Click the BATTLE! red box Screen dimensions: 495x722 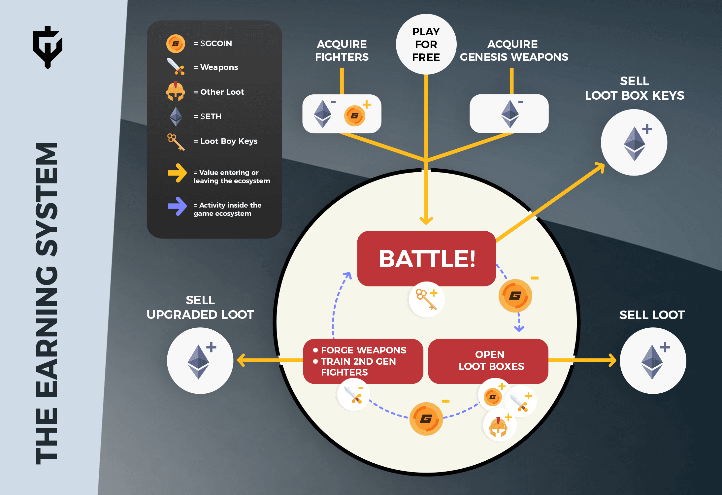(x=426, y=258)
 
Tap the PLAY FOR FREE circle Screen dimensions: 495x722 (x=426, y=44)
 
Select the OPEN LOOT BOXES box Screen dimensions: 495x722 (x=488, y=361)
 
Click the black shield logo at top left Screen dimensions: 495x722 (x=48, y=47)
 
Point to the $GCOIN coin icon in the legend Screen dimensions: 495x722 (x=176, y=44)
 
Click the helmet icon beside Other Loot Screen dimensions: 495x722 (x=176, y=91)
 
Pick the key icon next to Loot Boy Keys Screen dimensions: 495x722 (x=176, y=142)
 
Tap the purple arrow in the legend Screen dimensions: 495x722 (x=178, y=206)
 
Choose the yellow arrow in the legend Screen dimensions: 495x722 (x=178, y=173)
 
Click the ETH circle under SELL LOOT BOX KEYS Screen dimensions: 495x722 (x=634, y=143)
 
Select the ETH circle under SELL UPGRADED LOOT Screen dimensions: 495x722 (x=200, y=361)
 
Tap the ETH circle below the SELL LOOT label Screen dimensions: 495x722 (x=653, y=361)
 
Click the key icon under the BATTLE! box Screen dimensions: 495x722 (x=426, y=299)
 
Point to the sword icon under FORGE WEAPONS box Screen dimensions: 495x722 (x=353, y=394)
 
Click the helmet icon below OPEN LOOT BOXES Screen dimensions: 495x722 (x=498, y=426)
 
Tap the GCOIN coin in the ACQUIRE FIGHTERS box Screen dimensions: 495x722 (x=355, y=116)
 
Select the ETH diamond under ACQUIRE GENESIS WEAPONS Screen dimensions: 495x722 (x=510, y=114)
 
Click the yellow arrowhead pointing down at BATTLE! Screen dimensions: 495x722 (x=426, y=220)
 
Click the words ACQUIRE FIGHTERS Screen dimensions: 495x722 (x=342, y=50)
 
